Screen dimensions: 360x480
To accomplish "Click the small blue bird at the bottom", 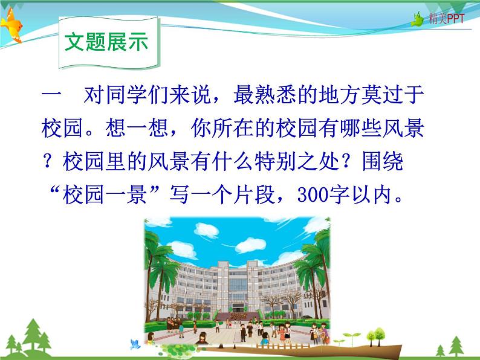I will click(x=135, y=345).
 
